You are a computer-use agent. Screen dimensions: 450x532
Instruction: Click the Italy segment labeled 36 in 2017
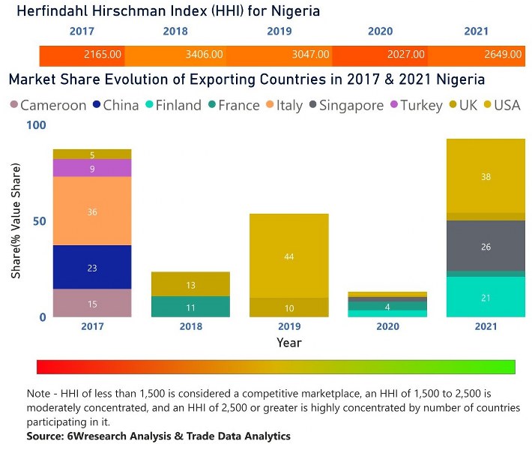(92, 211)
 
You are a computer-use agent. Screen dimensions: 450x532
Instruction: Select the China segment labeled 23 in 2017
(92, 268)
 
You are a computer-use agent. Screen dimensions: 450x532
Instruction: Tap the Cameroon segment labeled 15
(92, 304)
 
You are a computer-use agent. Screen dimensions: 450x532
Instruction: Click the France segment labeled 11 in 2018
(190, 307)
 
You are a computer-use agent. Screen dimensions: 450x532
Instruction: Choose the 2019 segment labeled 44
(289, 256)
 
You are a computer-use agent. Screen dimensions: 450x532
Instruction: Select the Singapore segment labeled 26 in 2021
(486, 246)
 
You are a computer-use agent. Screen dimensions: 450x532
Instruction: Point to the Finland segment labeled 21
(486, 297)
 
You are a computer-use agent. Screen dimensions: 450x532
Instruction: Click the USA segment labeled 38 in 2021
(486, 177)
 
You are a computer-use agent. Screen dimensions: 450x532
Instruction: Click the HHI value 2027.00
(406, 55)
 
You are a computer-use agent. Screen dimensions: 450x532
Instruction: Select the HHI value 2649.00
(504, 55)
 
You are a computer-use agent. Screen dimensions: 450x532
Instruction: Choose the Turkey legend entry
(414, 106)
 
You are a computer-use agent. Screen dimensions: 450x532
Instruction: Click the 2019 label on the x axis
(289, 327)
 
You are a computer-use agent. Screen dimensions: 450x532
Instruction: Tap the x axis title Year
(289, 343)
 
